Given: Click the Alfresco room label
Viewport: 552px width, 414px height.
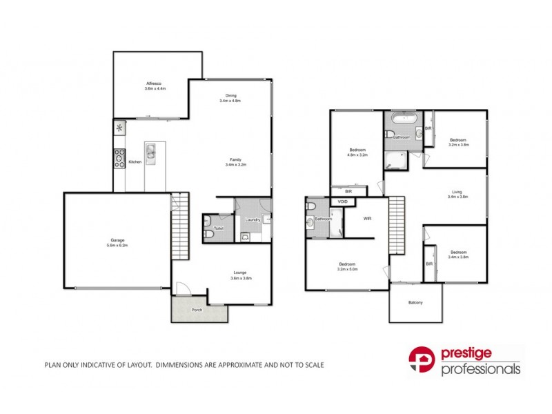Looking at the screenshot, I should pos(155,83).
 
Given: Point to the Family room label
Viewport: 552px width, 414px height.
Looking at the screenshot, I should pos(235,159).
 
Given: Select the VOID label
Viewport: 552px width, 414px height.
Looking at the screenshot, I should pos(343,201).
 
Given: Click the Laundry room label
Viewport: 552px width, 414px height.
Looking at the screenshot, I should pos(253,219).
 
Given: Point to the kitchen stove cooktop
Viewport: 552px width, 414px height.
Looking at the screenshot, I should pos(119,158).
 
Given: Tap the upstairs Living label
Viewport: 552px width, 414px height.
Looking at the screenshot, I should pos(457,192).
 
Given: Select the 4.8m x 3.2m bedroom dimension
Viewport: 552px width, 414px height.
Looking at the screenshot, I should pos(357,156).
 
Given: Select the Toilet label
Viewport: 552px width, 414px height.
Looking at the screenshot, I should pos(219,228).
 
